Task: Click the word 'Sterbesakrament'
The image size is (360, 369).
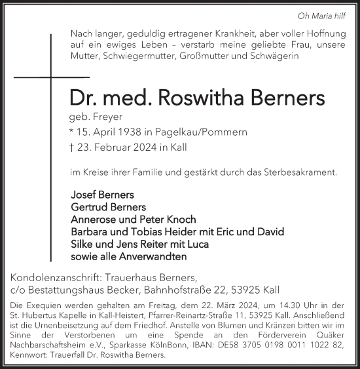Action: [299, 172]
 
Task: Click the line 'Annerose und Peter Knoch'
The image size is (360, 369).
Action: [133, 219]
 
